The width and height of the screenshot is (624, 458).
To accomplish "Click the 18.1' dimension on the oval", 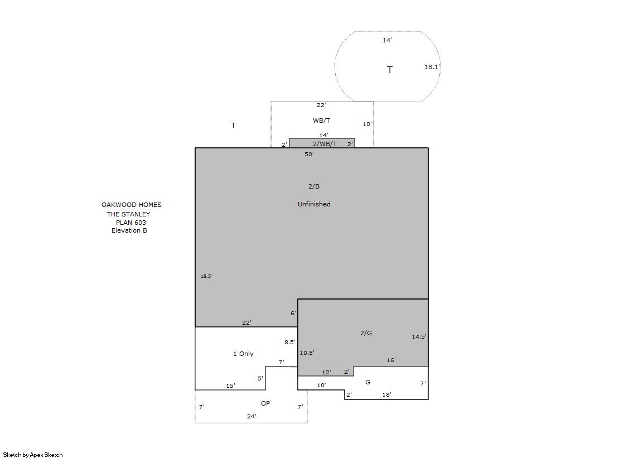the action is click(432, 67).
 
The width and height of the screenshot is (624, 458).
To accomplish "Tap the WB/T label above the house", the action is click(322, 120).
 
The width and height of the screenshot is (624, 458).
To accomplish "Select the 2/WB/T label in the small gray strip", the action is click(325, 144).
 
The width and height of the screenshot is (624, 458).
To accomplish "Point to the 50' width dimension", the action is click(309, 154).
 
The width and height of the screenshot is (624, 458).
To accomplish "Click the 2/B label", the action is click(314, 186).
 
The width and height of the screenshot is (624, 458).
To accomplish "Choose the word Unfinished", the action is click(314, 204).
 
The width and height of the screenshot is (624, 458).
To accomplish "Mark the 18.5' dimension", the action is click(206, 276).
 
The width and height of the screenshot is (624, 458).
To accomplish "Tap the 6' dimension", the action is click(293, 313).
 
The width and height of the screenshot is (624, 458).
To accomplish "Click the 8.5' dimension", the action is click(290, 342).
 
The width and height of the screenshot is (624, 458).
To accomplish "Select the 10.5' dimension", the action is click(307, 353).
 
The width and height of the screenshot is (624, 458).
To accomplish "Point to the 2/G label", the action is click(366, 333).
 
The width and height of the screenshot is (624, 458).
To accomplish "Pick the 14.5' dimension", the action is click(419, 336).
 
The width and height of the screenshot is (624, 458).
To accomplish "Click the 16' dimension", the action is click(391, 360).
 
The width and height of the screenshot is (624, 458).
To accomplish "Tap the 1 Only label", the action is click(243, 354).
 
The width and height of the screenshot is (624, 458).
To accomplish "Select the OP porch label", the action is click(265, 403).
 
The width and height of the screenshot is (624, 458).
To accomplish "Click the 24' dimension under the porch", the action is click(251, 416).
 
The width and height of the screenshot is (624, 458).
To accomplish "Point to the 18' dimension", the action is click(387, 394).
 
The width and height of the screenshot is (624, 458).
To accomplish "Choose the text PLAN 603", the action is click(131, 223).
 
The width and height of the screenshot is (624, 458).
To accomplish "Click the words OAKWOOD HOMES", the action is click(132, 205).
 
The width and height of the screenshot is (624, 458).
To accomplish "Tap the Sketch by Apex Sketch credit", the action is click(33, 455).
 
